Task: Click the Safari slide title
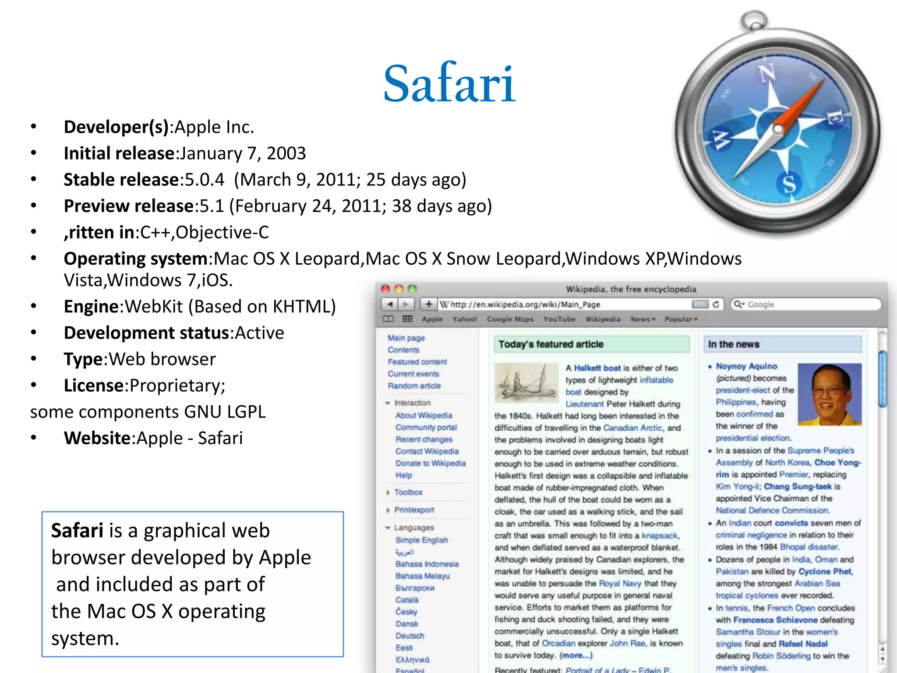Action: (449, 83)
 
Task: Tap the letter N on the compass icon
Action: (767, 73)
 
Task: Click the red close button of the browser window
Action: (385, 289)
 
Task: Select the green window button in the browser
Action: (412, 289)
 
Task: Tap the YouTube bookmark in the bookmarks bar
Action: (559, 319)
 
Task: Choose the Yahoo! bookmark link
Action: (465, 319)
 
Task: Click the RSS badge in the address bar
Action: (700, 304)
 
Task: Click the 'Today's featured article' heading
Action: (551, 344)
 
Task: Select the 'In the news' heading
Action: (734, 344)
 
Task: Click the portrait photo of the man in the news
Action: (830, 394)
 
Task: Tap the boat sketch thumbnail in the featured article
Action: (526, 383)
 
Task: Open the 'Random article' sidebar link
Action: (414, 386)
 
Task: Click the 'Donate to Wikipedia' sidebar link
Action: (430, 463)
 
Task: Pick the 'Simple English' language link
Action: (421, 540)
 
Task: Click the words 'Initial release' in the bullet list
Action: (119, 153)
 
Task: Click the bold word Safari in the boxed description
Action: (77, 531)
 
